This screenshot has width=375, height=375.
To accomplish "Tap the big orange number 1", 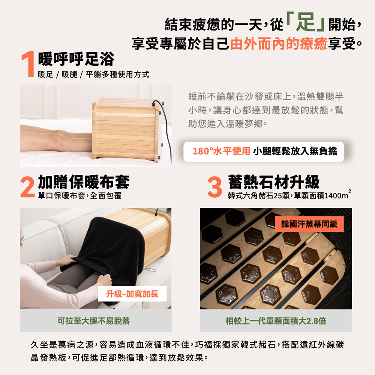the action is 28,64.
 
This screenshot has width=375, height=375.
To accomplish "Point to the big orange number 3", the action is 214,187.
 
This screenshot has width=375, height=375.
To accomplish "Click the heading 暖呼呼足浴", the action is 76,59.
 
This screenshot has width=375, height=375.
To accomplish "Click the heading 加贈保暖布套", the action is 84,182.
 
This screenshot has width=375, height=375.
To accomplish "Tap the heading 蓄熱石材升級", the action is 274,182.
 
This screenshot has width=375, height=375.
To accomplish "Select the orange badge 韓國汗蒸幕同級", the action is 309,224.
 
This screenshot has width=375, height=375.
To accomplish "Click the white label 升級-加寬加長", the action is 132,294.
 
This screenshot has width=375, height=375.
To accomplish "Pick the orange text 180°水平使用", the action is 222,151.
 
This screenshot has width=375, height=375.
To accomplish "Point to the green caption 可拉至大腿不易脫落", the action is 93,321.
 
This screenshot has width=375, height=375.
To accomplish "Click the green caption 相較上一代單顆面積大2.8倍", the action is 276,321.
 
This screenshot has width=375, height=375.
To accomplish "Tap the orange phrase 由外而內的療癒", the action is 279,43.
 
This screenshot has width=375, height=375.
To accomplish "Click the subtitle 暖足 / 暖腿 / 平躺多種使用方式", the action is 93,74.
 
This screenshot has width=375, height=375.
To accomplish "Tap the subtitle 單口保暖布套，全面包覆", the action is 79,196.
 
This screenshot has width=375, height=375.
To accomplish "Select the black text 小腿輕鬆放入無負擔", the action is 295,151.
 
